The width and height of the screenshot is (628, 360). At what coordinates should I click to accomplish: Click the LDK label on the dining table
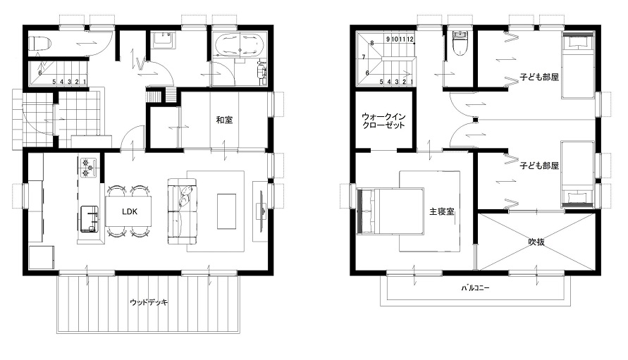[130, 211]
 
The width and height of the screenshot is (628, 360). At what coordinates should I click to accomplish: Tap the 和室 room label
[224, 120]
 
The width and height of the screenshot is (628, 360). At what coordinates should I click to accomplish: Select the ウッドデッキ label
[149, 302]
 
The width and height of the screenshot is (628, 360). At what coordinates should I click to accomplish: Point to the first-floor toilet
[39, 43]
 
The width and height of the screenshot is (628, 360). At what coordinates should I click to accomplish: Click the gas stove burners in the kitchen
[89, 168]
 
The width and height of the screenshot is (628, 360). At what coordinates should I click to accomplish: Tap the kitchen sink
[89, 219]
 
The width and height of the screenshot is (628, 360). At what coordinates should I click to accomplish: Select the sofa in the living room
[183, 211]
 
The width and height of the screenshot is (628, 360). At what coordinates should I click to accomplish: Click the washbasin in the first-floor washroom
[163, 40]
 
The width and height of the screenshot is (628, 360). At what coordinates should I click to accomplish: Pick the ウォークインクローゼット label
[383, 120]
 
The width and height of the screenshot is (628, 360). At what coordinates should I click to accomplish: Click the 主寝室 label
[442, 211]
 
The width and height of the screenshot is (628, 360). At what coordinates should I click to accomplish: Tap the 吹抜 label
[536, 242]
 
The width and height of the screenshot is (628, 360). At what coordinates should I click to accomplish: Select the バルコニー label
[476, 288]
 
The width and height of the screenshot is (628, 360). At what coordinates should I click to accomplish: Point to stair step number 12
[410, 39]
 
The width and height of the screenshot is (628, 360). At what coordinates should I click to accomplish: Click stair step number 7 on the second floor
[364, 57]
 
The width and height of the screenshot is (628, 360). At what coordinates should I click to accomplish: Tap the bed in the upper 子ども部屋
[577, 66]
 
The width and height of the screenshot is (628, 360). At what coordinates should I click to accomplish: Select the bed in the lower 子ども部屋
[577, 174]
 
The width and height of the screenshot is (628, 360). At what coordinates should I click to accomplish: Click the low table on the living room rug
[226, 211]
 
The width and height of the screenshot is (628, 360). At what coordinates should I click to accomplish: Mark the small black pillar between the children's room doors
[476, 119]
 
